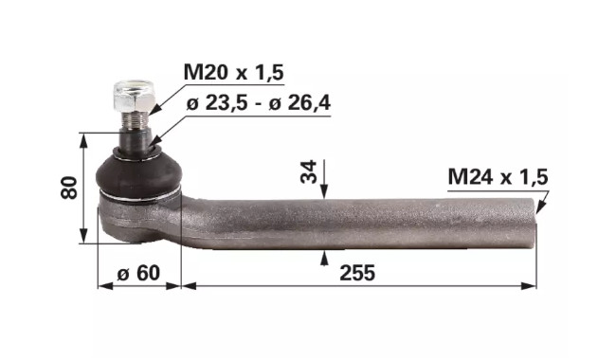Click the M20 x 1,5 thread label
(x=233, y=73)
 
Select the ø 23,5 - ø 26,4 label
(x=258, y=103)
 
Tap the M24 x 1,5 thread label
(x=498, y=177)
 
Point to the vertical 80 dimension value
(x=69, y=188)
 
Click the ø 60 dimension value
(x=138, y=273)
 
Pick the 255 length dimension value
(x=357, y=273)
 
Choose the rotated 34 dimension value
(x=308, y=171)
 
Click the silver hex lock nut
(x=134, y=96)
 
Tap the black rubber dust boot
(x=138, y=174)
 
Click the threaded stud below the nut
(x=136, y=119)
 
